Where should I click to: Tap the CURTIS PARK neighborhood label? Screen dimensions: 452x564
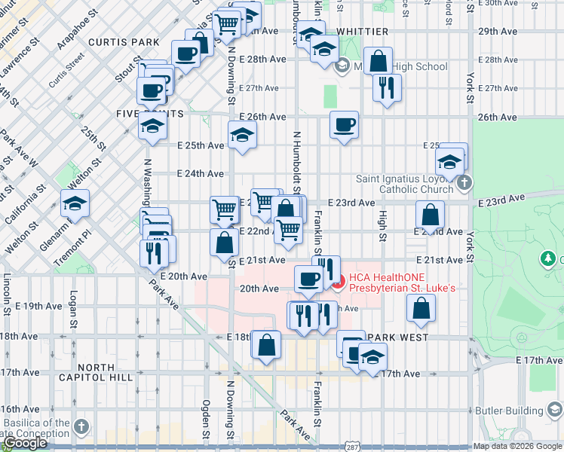[114, 42]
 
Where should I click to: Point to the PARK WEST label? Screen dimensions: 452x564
[400, 337]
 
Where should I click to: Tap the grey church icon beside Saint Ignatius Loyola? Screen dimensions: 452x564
[465, 183]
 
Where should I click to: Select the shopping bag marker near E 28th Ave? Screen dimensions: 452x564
[379, 60]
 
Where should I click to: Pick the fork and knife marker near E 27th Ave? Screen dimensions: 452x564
[387, 87]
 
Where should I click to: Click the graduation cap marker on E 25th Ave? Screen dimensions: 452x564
[242, 135]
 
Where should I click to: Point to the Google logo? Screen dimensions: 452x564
[25, 443]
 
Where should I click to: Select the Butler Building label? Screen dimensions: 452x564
[509, 411]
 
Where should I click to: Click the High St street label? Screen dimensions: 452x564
[382, 226]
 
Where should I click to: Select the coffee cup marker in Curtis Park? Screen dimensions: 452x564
[185, 53]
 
